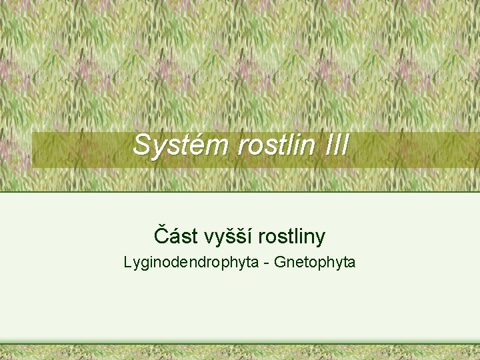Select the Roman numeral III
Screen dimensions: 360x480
[x=335, y=145]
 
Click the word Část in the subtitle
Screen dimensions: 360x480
[x=175, y=236]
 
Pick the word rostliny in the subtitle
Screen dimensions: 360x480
[x=292, y=237]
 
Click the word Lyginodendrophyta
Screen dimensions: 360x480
[x=191, y=263]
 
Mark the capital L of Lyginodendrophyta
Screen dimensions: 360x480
[x=128, y=262]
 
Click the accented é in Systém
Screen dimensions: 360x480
[x=191, y=146]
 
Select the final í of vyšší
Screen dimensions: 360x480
[x=251, y=236]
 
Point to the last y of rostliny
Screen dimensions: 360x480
[x=321, y=239]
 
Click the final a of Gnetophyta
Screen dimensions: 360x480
[x=351, y=263]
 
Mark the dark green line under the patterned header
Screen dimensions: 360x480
[x=240, y=192]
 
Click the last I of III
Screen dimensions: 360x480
[x=344, y=145]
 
